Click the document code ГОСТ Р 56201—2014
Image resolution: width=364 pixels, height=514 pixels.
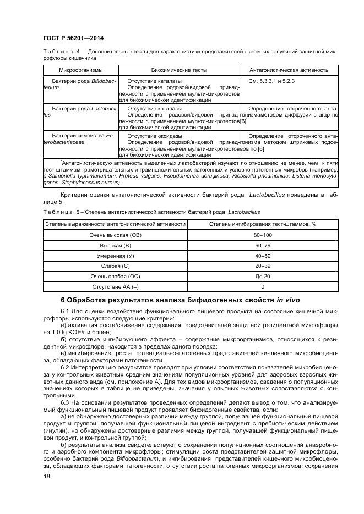[73, 38]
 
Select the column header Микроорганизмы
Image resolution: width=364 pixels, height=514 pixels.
[80, 70]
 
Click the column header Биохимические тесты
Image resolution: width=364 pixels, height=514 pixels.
[179, 70]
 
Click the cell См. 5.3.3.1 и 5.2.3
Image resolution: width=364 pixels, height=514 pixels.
[272, 81]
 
